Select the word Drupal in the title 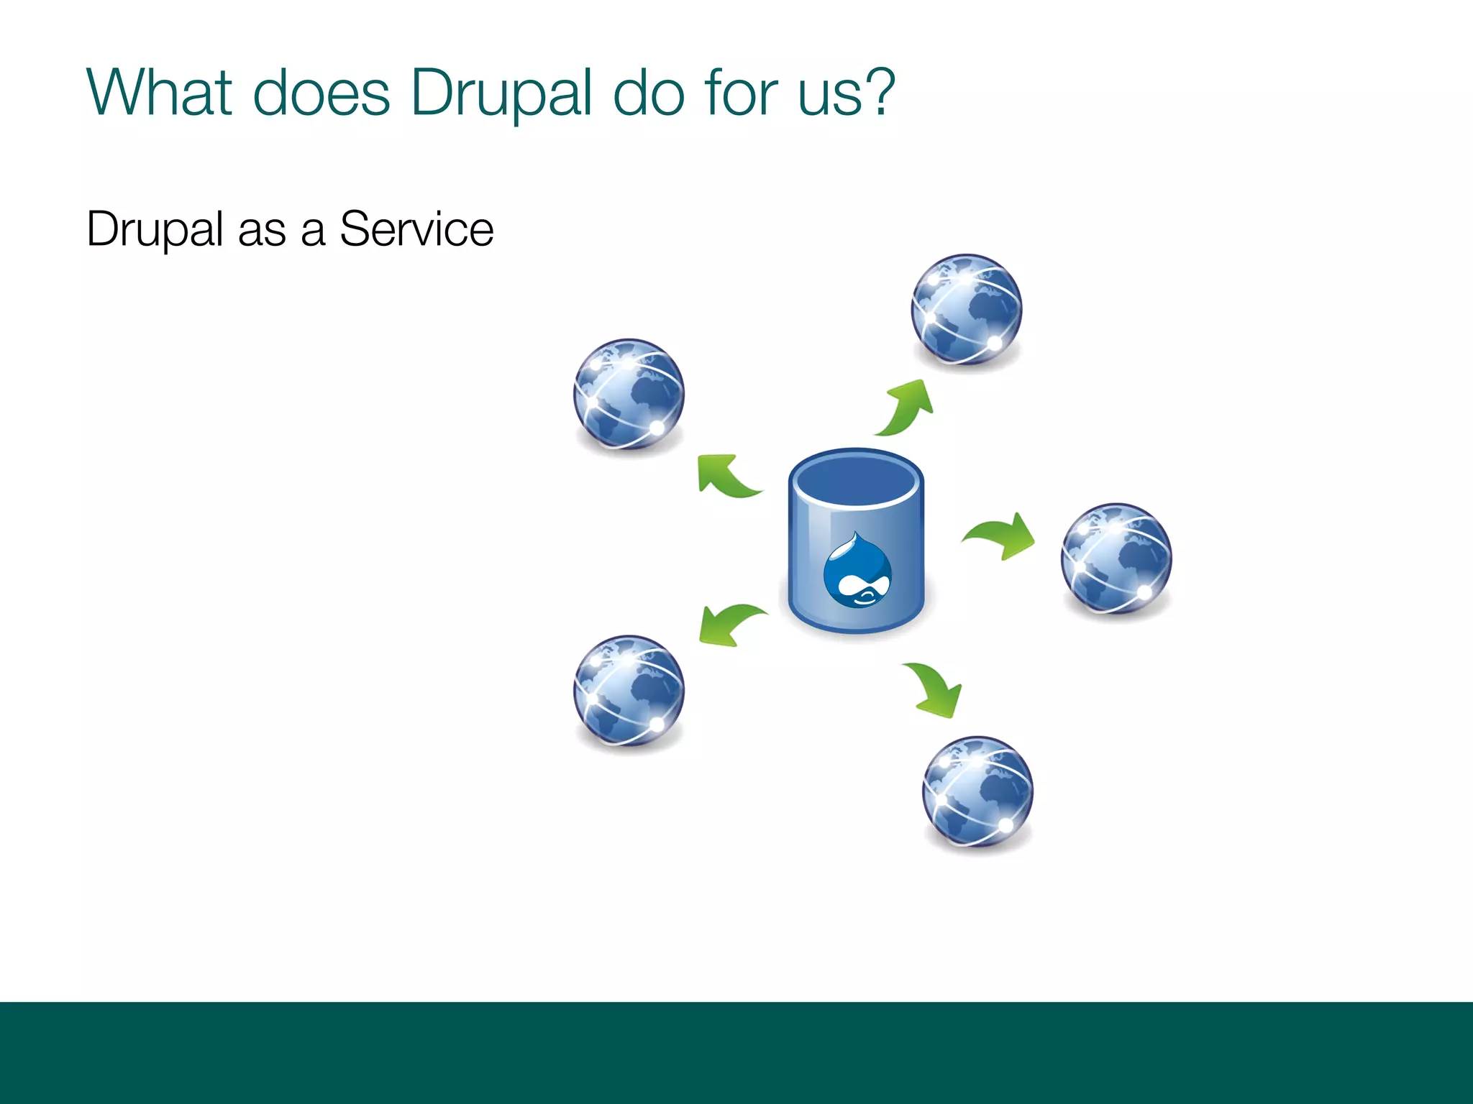501,93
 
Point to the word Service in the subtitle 416,229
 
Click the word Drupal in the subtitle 155,231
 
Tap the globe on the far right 1116,558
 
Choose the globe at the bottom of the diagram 977,792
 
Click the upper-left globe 629,395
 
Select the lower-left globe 629,691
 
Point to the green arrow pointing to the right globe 1000,535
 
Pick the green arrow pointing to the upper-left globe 725,476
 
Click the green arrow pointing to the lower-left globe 729,624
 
